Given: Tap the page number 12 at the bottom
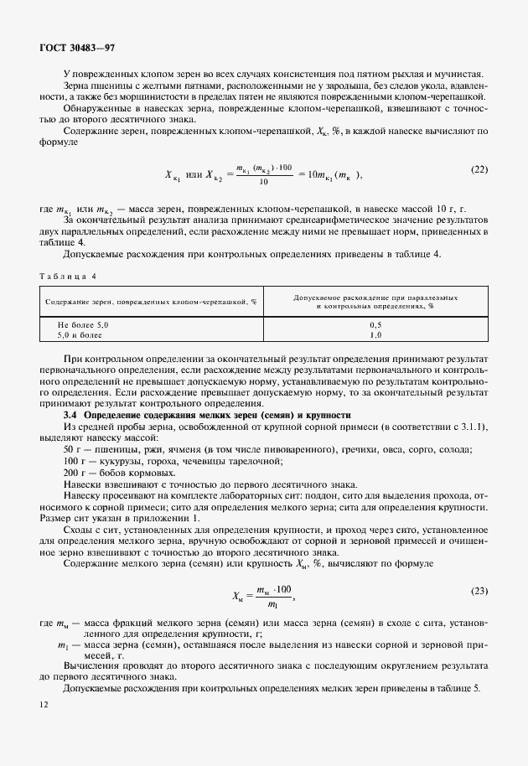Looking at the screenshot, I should coord(44,705).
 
